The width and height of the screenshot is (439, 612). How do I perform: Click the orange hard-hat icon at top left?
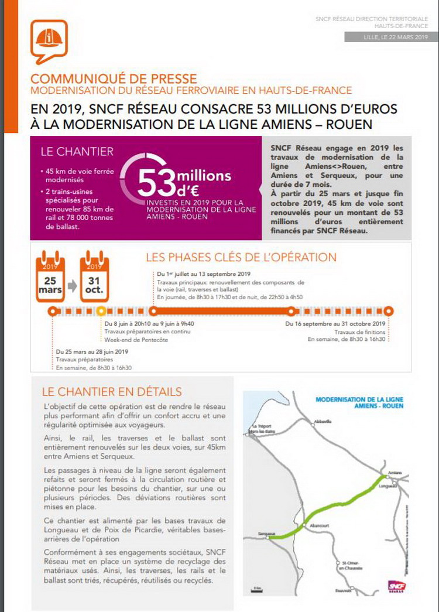(50, 39)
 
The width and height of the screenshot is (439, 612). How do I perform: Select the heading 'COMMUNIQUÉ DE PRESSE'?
(114, 78)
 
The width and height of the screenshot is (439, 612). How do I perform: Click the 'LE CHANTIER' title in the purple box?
(77, 151)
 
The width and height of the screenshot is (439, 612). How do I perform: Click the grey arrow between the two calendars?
(72, 286)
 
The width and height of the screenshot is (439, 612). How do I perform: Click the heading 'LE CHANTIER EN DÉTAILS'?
(112, 392)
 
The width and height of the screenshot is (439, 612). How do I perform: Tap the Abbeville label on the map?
(323, 421)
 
